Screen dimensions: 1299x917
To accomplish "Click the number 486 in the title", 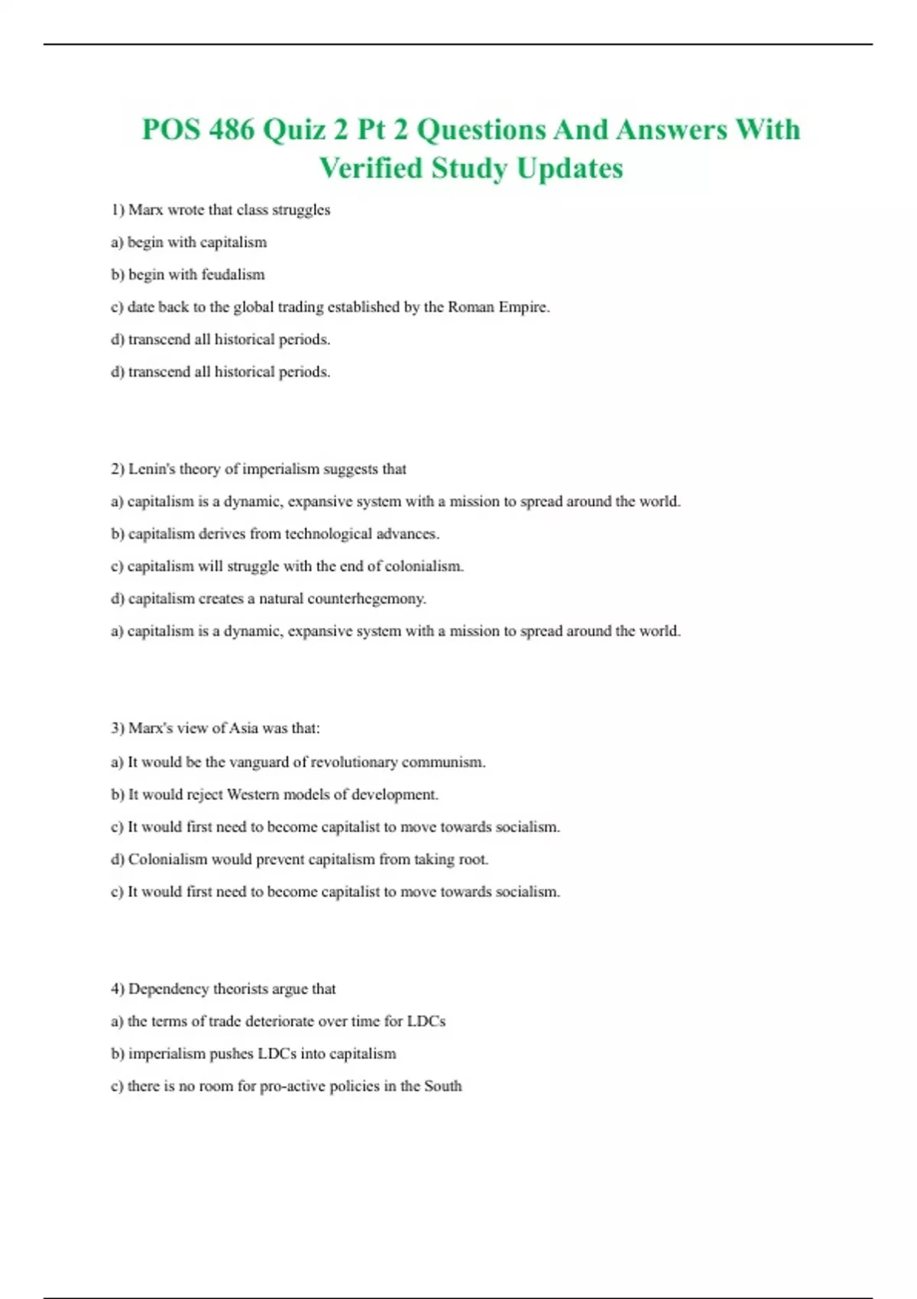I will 232,129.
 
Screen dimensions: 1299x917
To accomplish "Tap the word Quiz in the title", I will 293,129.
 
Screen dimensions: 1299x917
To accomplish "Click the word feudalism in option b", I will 233,274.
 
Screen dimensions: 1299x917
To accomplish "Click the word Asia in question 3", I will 244,728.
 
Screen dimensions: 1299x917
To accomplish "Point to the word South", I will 443,1086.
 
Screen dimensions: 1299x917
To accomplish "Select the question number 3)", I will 118,728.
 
